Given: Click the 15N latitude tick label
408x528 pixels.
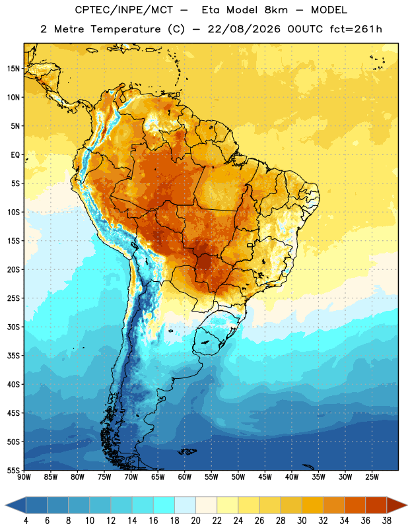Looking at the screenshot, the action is coord(13,69).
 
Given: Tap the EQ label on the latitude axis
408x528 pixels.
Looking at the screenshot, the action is coord(15,155).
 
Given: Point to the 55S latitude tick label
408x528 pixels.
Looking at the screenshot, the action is coord(13,470).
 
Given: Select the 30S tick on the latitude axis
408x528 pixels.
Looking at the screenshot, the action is coord(13,327).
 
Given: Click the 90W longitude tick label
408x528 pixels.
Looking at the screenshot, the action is coord(24,477).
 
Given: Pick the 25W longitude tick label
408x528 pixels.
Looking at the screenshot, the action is coord(372,477).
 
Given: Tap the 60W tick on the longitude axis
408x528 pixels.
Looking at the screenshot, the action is coord(185,477).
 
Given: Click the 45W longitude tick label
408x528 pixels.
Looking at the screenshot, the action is coord(265,477).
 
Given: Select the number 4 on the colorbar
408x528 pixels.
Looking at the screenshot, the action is coord(26,521).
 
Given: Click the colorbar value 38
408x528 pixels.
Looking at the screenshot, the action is coord(387,521).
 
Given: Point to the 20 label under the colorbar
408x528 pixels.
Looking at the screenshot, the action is coord(195,521).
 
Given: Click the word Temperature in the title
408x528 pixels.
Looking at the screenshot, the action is coord(125,29).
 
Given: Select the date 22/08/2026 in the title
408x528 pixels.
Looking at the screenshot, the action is coord(244,29).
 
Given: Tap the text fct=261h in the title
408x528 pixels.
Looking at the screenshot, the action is coord(356,29).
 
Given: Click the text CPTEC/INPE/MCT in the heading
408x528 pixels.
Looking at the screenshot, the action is coord(123,10).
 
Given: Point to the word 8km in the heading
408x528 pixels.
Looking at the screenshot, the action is coord(276,10).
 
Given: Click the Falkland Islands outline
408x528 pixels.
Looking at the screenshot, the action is coord(187,451).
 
